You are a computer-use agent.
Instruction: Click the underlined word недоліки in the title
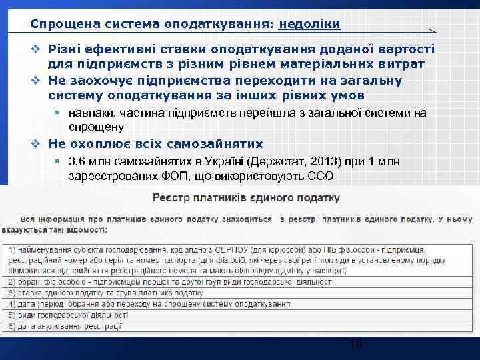[x=310, y=24]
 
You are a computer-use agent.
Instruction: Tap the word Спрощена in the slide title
[x=57, y=24]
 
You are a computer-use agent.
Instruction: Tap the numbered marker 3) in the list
[x=13, y=292]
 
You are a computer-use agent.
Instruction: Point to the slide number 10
[x=355, y=345]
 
